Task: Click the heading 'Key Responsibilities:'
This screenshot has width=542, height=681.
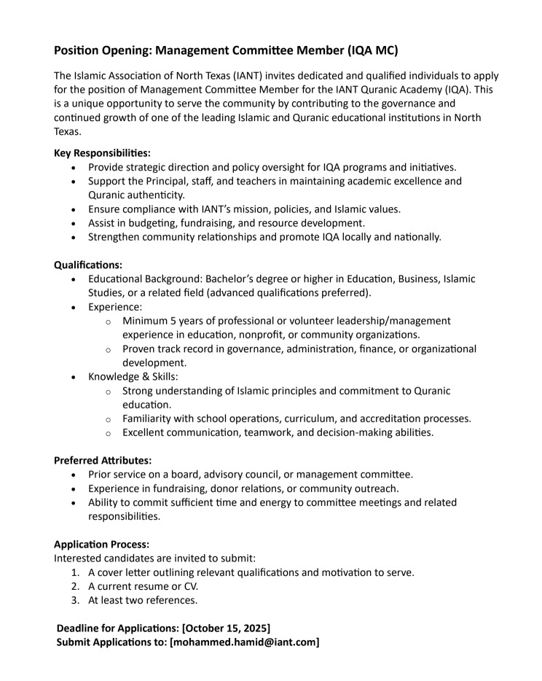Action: [102, 153]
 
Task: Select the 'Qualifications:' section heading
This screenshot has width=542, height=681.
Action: [88, 265]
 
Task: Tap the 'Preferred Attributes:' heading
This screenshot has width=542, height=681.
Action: [103, 460]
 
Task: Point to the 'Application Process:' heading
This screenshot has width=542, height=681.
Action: [101, 544]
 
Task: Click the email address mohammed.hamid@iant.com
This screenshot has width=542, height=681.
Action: [244, 642]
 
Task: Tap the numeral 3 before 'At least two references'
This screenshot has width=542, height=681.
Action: [75, 600]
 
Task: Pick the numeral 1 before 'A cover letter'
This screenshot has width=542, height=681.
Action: [75, 572]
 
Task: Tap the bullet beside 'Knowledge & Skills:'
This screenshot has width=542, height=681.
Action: [74, 377]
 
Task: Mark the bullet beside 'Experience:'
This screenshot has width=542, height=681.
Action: [74, 307]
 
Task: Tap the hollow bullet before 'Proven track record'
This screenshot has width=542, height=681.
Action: [108, 349]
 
